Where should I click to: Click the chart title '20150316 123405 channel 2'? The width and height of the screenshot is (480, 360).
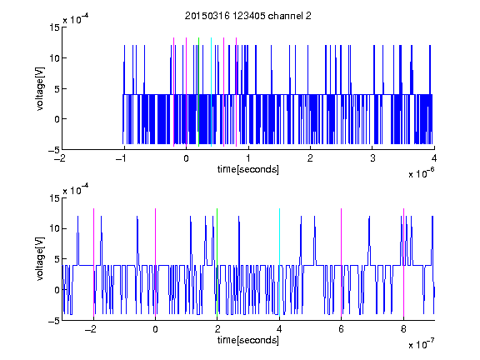(248, 16)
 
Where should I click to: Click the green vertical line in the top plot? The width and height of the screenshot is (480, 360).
(198, 92)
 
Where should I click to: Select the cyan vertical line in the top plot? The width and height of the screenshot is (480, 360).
(211, 92)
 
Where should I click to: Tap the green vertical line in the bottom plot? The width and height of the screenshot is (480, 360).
(217, 262)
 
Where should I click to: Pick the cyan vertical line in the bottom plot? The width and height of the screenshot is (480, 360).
(279, 262)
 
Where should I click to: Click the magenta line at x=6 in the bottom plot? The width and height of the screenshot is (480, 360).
(342, 262)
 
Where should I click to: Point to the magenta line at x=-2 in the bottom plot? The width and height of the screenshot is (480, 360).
(93, 262)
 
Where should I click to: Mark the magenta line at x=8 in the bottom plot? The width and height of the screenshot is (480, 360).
(404, 262)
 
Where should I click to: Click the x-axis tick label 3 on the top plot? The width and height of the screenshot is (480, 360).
(372, 158)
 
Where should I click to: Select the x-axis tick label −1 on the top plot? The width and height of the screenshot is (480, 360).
(122, 158)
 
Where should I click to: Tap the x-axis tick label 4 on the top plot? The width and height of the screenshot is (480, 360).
(434, 158)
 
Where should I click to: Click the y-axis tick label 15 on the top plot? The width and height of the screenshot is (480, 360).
(54, 27)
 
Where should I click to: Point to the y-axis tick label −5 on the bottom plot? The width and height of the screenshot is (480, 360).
(54, 321)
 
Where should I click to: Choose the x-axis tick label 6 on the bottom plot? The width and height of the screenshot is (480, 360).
(342, 329)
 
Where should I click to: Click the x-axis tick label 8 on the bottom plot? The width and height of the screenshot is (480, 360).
(404, 329)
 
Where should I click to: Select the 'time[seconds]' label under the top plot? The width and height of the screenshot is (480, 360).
(248, 169)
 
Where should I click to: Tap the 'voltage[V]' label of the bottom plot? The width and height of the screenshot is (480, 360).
(40, 259)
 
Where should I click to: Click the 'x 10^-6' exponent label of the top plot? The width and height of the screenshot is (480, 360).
(421, 172)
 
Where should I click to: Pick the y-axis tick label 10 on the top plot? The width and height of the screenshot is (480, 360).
(54, 57)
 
